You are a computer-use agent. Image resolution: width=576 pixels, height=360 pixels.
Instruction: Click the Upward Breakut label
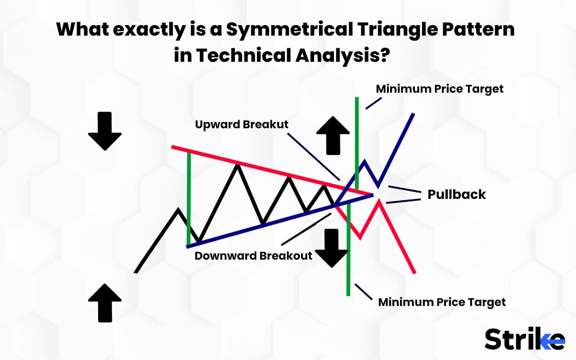[242, 125]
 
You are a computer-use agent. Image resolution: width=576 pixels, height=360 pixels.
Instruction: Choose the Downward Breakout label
[253, 256]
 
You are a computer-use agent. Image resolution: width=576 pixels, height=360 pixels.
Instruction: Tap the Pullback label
[456, 194]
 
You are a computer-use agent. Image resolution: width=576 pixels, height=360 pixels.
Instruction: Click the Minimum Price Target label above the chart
[440, 89]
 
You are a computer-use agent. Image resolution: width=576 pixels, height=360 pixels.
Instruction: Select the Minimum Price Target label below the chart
[441, 302]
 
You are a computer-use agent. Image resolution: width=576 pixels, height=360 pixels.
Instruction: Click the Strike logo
[525, 339]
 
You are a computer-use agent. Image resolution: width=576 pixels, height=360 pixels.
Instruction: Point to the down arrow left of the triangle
[105, 130]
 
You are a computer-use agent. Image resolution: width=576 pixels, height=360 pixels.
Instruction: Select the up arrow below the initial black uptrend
[105, 302]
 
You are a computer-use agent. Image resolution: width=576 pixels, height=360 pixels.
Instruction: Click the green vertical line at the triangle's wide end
[189, 198]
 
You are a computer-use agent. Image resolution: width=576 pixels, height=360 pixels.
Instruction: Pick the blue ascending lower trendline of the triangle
[270, 223]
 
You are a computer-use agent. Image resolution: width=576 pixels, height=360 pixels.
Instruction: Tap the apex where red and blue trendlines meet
[373, 194]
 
